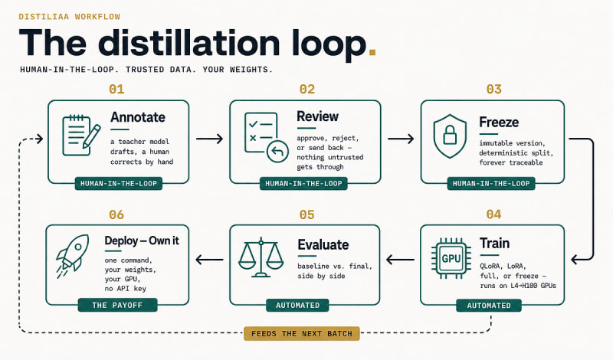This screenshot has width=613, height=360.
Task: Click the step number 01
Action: click(116, 89)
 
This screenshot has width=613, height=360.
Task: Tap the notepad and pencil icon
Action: click(81, 135)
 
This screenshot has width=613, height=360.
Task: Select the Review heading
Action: click(317, 116)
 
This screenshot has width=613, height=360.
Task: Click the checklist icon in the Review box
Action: click(266, 137)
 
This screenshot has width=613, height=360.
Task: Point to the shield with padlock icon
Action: click(450, 136)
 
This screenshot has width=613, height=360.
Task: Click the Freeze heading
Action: click(499, 122)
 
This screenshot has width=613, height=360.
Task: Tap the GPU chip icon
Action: click(451, 258)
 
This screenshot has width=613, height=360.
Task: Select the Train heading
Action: click(494, 243)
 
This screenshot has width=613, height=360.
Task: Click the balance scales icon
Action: click(261, 257)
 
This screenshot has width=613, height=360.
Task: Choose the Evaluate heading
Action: click(323, 244)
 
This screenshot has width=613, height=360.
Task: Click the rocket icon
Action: click(73, 256)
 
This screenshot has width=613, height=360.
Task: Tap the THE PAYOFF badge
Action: click(117, 305)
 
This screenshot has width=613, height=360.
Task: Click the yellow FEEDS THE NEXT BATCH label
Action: click(301, 333)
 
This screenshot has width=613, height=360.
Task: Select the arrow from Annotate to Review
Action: click(209, 139)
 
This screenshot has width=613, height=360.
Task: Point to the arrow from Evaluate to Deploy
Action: click(209, 259)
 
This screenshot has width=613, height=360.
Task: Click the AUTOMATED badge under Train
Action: click(489, 306)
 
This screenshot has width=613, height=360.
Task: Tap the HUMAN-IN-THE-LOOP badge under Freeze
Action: click(491, 183)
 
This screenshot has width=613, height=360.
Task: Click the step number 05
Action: click(307, 214)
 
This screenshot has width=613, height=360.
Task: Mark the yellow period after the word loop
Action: click(372, 52)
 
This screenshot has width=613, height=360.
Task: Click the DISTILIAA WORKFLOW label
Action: click(69, 16)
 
